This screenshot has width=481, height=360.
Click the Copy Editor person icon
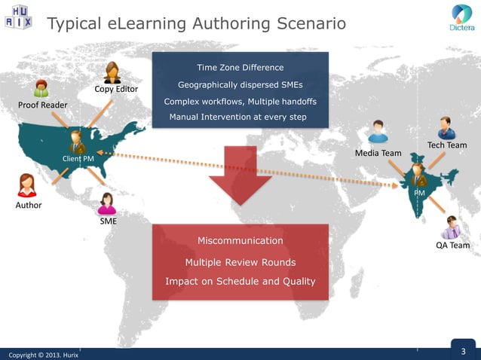(113, 73)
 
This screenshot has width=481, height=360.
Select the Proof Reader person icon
(41, 88)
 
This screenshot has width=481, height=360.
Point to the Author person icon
(27, 185)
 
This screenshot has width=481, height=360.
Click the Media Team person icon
(378, 133)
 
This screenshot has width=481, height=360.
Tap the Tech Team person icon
(446, 127)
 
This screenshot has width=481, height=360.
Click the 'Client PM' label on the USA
(78, 159)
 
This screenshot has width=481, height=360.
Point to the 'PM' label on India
(420, 193)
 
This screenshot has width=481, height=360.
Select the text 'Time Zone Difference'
(240, 68)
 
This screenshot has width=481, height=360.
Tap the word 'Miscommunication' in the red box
(240, 240)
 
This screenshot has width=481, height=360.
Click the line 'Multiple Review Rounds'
(240, 262)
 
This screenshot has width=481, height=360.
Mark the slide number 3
(464, 351)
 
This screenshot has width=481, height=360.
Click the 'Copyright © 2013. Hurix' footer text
(43, 354)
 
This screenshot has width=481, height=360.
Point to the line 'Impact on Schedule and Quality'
(240, 282)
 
